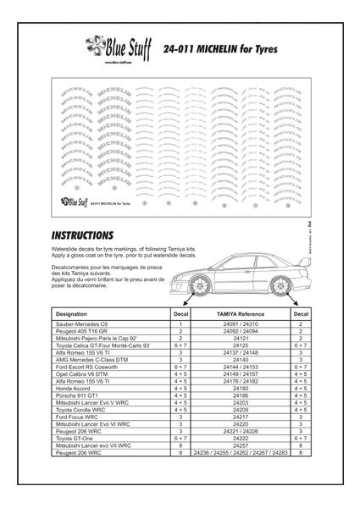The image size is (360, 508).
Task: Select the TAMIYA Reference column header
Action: coord(240,313)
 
